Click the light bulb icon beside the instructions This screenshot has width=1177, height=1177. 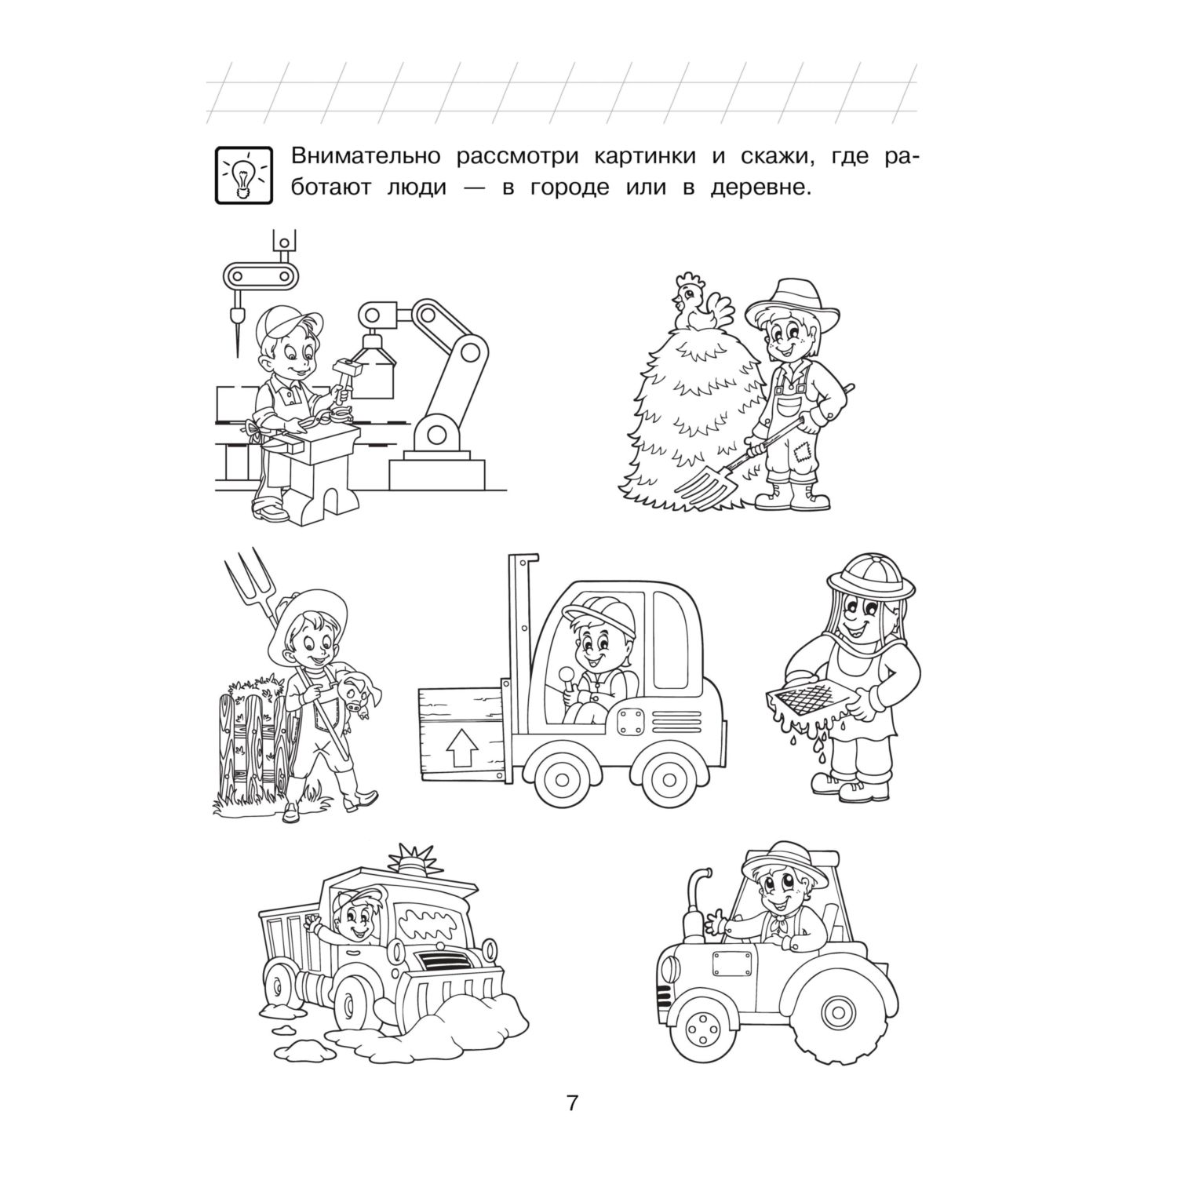pos(243,175)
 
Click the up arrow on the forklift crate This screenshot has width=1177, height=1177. pos(460,752)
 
